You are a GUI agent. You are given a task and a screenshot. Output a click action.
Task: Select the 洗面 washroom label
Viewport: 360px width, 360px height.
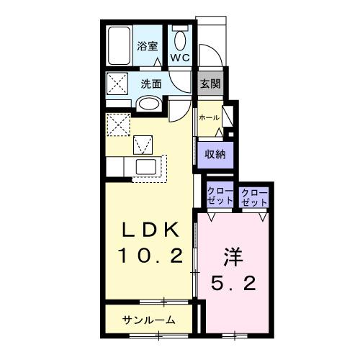click(151, 84)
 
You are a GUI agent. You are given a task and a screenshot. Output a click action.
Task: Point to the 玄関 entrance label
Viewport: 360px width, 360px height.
click(210, 84)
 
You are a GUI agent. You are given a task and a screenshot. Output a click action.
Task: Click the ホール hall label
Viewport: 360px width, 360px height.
click(208, 117)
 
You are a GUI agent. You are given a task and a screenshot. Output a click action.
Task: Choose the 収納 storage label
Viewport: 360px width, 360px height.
click(213, 153)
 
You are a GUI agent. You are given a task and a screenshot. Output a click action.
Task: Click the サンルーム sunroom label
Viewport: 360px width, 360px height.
click(148, 320)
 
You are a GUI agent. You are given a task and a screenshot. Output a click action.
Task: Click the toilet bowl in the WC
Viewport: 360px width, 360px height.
click(179, 37)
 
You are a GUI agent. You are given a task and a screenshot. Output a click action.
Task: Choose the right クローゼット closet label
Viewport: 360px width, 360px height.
click(253, 197)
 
